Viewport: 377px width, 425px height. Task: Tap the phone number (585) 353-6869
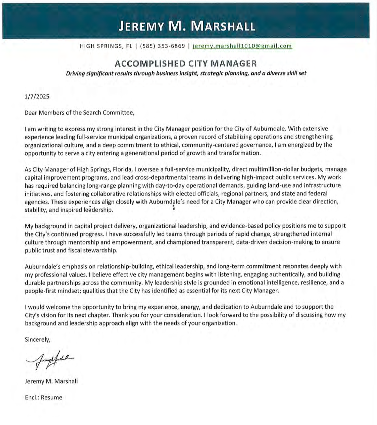point(162,46)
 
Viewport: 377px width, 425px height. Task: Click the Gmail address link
point(242,46)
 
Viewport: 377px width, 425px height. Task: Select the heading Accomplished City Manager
point(186,63)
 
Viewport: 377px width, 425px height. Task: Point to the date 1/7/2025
point(37,97)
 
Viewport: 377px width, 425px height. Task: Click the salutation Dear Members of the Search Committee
point(79,113)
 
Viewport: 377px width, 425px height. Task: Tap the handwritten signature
point(50,358)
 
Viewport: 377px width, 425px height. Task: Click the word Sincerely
point(37,339)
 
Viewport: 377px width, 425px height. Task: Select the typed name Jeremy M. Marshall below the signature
point(51,381)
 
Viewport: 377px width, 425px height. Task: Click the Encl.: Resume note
point(43,397)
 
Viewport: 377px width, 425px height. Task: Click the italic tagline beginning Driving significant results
point(186,74)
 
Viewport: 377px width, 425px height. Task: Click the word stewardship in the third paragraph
point(102,250)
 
